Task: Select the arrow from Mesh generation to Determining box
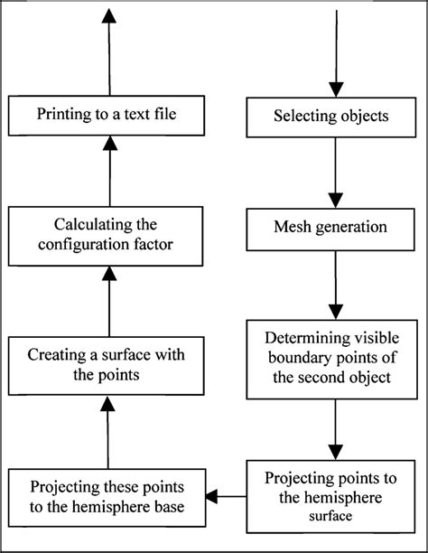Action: point(335,285)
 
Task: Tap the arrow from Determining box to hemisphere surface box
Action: point(335,430)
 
